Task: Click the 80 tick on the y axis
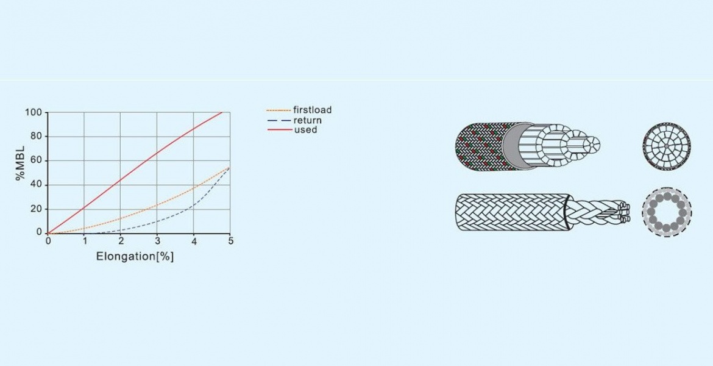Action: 36,137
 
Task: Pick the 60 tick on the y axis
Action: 36,160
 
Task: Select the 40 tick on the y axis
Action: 36,185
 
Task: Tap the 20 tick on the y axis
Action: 36,209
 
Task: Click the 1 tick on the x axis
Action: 84,242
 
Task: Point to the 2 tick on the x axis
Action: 121,242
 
